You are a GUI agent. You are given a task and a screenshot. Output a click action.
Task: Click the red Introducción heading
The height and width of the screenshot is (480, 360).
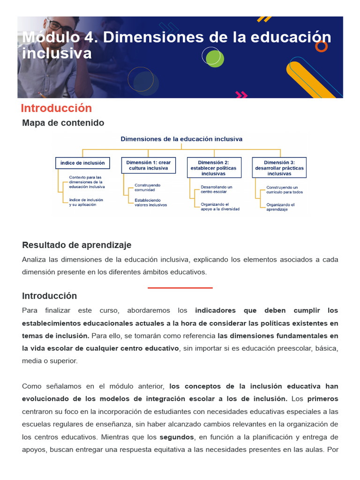56,108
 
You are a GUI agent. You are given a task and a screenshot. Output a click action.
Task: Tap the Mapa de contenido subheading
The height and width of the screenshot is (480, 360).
63,123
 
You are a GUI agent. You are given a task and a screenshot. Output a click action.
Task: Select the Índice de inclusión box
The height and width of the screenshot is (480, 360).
82,163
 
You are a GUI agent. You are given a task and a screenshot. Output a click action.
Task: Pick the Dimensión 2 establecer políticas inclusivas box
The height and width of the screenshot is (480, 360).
214,168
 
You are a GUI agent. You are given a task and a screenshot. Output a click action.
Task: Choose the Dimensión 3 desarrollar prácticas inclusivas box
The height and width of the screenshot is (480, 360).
279,168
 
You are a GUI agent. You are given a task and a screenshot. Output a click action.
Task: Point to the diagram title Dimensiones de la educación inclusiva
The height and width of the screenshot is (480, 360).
181,139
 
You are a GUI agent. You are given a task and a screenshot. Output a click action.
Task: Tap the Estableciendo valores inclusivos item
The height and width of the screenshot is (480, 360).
150,202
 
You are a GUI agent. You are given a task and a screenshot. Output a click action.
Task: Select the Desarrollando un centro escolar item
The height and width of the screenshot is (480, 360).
216,189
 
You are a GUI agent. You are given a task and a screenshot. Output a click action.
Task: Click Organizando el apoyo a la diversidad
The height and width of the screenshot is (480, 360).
220,207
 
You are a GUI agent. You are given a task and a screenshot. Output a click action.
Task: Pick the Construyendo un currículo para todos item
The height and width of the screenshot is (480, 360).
285,189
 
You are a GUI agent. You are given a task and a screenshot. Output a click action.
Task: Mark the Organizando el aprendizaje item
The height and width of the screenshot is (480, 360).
280,207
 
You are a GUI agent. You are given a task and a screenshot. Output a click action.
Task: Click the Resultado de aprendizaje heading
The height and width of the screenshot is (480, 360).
77,245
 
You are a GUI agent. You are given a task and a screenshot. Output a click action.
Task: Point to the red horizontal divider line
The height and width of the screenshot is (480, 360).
180,288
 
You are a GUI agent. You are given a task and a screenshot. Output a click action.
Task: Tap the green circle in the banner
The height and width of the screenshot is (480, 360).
215,59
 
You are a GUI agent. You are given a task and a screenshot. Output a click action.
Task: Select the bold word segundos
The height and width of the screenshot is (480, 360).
177,437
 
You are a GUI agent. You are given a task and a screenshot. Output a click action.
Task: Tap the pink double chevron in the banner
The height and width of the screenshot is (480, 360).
241,95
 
